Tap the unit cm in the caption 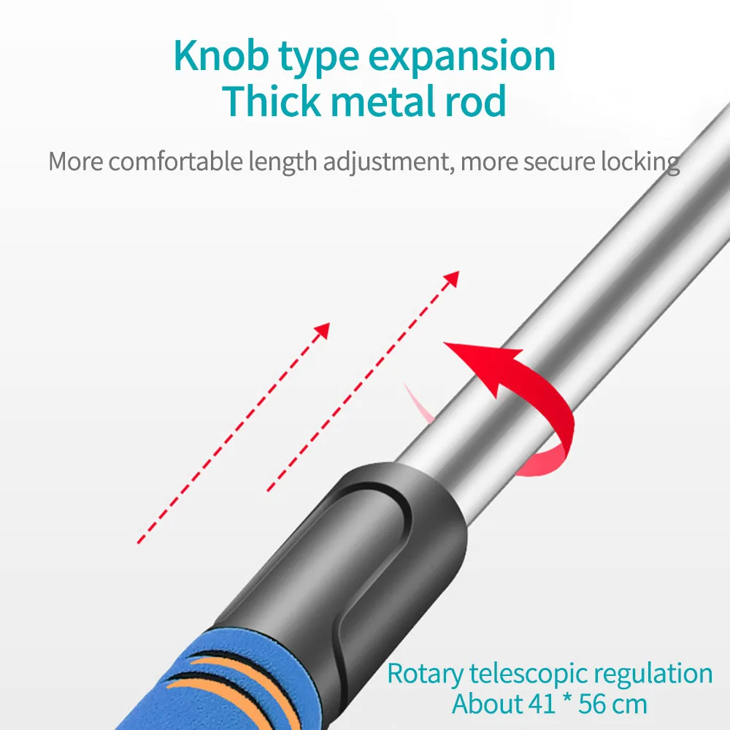pos(632,704)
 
